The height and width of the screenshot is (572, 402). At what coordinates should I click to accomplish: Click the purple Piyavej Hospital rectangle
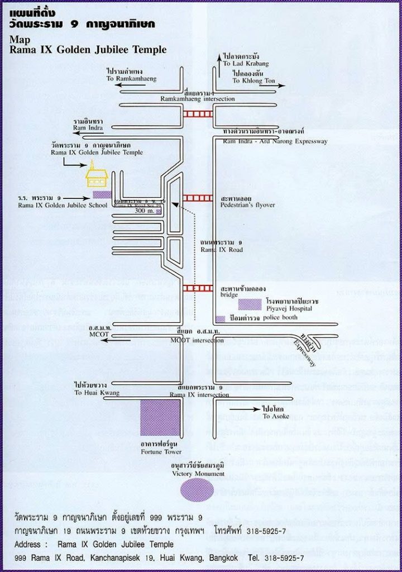(250, 304)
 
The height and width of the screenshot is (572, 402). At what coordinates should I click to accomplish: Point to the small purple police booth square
(220, 318)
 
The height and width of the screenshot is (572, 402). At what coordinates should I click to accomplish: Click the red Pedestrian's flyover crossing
(197, 198)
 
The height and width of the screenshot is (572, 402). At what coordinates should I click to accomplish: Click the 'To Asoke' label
(274, 417)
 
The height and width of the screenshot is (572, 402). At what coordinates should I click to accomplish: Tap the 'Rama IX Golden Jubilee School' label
(54, 204)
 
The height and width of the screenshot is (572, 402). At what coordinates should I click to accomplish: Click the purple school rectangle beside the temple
(102, 194)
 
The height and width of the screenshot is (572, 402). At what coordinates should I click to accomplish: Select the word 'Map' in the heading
(17, 40)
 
